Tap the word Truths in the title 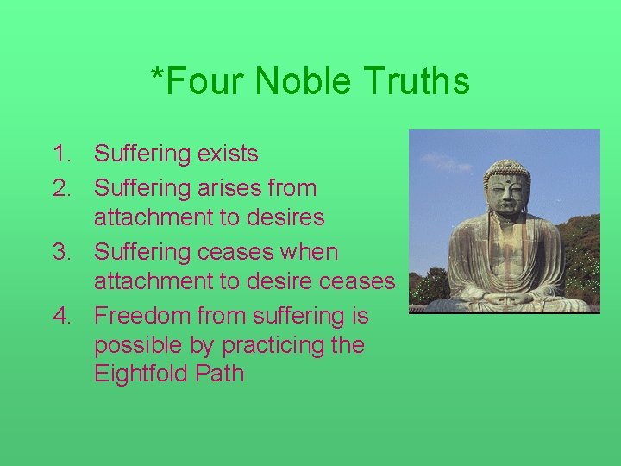pos(417,82)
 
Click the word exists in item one pos(227,154)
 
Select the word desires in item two pos(285,217)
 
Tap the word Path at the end pos(220,375)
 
